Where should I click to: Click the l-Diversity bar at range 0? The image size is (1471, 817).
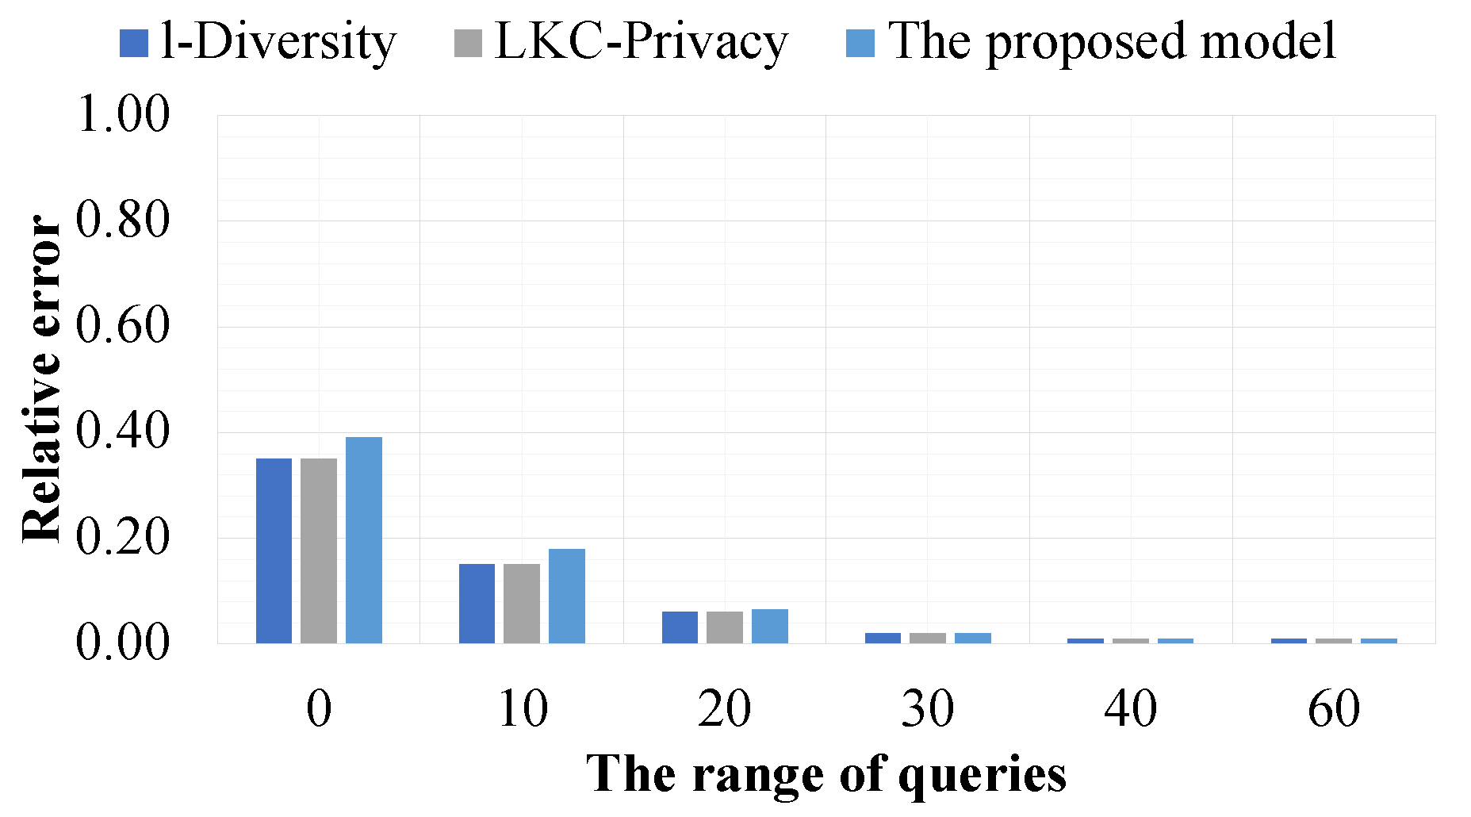pos(274,550)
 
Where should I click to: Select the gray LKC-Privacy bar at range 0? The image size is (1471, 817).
pos(319,550)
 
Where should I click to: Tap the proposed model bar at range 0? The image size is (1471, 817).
pos(364,540)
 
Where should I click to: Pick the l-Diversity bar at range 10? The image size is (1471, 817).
pos(477,604)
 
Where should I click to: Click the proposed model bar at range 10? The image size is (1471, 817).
pos(567,596)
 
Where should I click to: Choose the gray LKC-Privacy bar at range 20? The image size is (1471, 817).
pos(725,627)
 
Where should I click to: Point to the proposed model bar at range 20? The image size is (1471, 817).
pos(770,626)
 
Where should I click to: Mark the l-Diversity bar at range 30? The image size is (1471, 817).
pos(883,638)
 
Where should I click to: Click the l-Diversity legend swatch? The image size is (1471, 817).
pos(133,43)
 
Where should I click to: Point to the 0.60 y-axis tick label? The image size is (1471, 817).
pos(123,326)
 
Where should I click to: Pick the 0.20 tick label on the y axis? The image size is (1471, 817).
pos(123,538)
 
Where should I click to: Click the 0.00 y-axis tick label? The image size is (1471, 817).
pos(123,642)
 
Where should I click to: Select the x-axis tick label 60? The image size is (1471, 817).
pos(1334,708)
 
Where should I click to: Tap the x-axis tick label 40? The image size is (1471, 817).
pos(1131,708)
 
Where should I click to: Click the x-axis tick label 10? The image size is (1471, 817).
pos(522,708)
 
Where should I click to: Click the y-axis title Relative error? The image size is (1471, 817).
pos(41,379)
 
